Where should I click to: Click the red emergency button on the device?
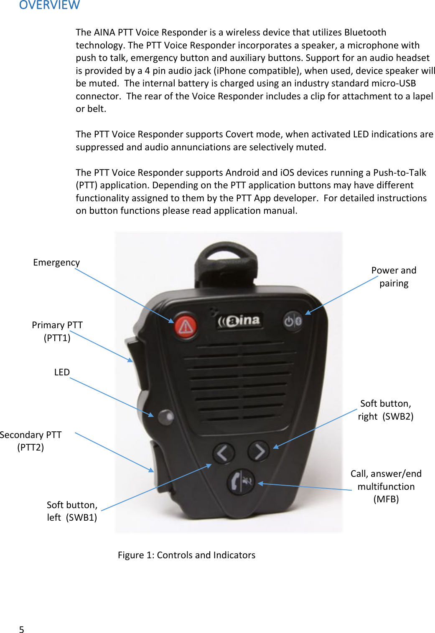point(186,327)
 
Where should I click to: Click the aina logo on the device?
point(239,321)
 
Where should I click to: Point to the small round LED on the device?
point(166,416)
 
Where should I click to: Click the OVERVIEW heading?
point(49,5)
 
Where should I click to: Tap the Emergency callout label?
point(56,262)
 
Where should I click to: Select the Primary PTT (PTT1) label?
point(57,331)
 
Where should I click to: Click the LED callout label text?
point(62,372)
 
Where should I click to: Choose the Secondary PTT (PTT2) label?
point(31,441)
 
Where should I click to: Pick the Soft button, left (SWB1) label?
point(72,511)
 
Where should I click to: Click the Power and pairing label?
point(394,276)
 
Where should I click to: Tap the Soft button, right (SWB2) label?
point(385,410)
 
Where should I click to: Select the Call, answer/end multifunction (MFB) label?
point(386,486)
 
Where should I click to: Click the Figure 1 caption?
point(186,555)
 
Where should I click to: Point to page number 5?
point(22,630)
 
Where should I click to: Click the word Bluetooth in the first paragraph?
point(365,32)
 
